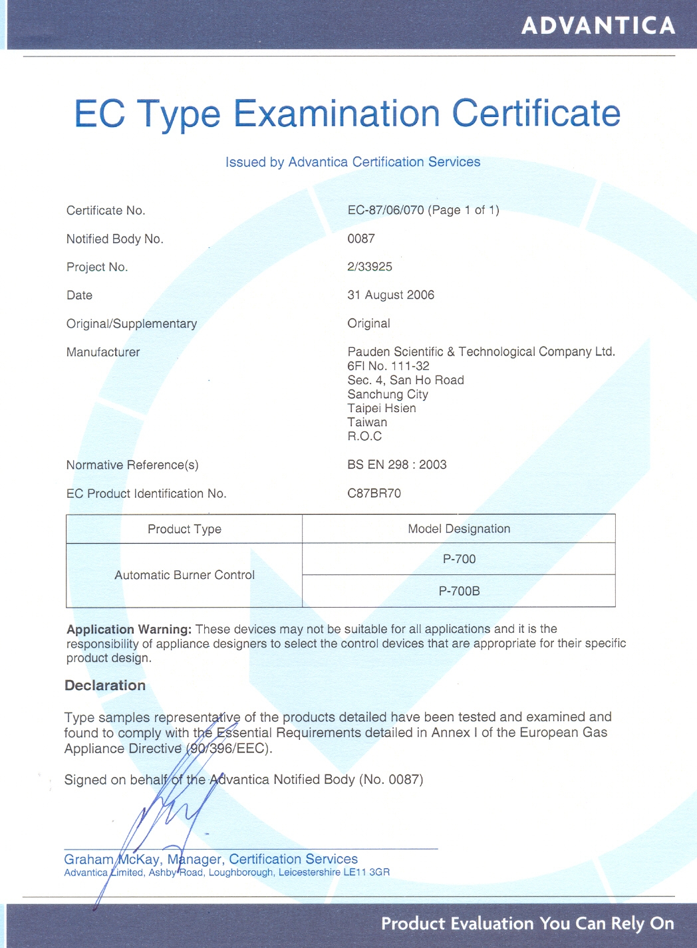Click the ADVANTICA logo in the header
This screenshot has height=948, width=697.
tap(599, 26)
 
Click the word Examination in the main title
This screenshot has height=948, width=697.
tap(337, 114)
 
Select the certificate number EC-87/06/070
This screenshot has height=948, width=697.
tap(386, 210)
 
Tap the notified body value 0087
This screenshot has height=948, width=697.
tap(361, 239)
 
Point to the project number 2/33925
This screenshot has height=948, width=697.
tap(370, 267)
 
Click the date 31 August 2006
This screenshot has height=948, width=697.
tap(390, 295)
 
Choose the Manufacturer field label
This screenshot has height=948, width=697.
tap(103, 352)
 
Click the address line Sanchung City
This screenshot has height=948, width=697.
tap(388, 394)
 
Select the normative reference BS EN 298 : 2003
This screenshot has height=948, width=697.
tap(397, 465)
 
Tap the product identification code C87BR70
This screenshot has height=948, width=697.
tap(374, 493)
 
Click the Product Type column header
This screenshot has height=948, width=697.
tap(184, 529)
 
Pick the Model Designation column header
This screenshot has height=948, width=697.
tap(459, 529)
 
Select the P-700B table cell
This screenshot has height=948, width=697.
tap(459, 591)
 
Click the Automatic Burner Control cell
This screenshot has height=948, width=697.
tap(184, 575)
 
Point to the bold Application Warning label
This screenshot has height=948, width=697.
tap(129, 629)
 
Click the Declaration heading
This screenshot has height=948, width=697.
tap(105, 685)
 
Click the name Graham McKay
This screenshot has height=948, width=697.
tap(112, 859)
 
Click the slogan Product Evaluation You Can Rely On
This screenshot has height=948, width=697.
tap(527, 923)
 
